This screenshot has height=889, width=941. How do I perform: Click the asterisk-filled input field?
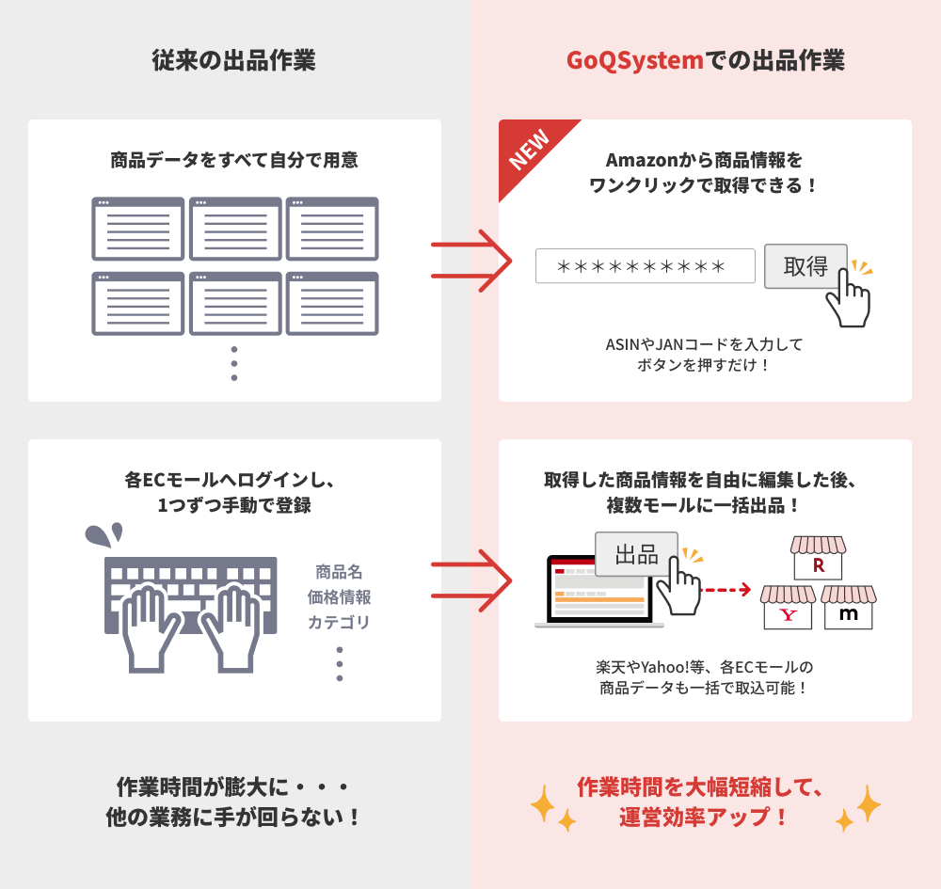(645, 266)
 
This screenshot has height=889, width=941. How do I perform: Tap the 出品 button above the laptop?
(636, 553)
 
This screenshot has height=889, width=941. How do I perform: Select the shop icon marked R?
(818, 559)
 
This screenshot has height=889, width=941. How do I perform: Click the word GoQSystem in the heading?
(635, 61)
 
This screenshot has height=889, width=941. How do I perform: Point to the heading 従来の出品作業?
(233, 61)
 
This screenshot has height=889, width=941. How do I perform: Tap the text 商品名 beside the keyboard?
(339, 571)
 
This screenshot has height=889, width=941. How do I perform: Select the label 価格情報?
(339, 596)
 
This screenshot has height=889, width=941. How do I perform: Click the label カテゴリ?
(339, 622)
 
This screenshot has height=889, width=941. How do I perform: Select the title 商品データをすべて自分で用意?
(234, 161)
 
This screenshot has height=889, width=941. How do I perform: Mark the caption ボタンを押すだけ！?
(704, 365)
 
